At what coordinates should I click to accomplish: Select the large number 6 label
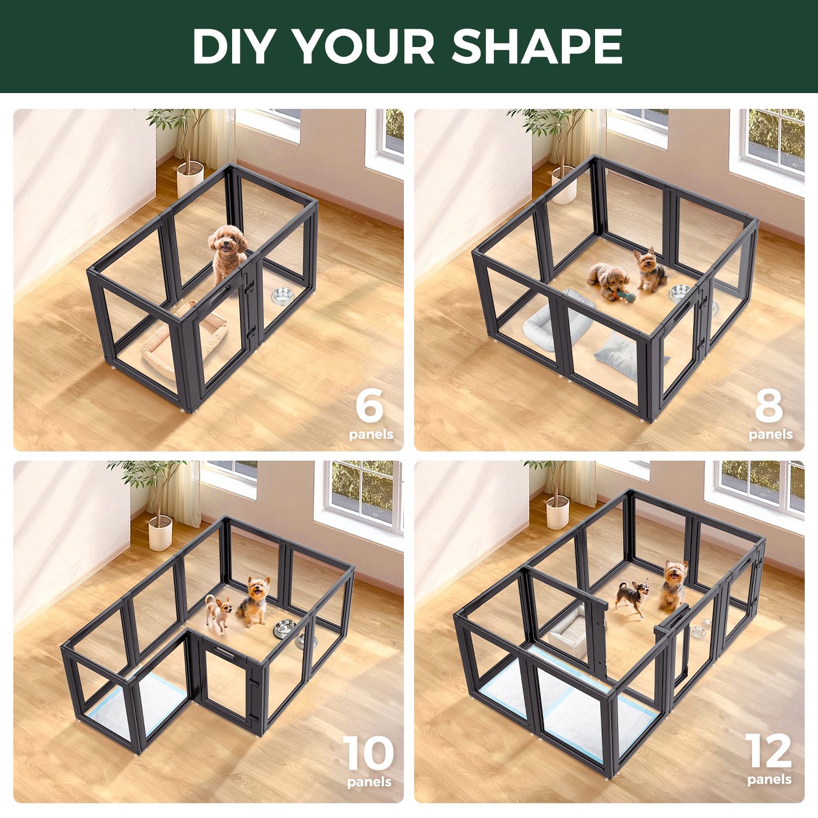(369, 405)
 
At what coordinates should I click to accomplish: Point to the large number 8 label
(768, 405)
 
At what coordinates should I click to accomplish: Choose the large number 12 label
(768, 752)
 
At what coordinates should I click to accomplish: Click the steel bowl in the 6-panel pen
(282, 296)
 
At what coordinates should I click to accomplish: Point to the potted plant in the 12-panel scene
(557, 498)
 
